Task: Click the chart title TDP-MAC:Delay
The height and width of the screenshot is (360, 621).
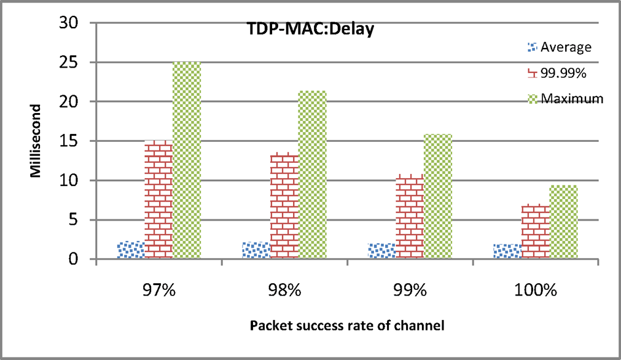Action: [x=302, y=30]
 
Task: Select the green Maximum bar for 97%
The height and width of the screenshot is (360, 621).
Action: [x=187, y=160]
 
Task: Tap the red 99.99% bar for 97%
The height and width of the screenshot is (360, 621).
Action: [x=158, y=200]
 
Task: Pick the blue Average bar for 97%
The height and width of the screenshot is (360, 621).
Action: [x=130, y=250]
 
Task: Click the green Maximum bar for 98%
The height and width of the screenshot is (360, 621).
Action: [x=312, y=174]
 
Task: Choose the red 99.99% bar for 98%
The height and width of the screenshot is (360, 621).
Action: [x=284, y=206]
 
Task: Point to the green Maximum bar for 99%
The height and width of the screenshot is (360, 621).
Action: [x=438, y=196]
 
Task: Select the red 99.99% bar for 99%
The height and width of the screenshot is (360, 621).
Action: [x=410, y=217]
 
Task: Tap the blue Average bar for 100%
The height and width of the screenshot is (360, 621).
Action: [x=507, y=251]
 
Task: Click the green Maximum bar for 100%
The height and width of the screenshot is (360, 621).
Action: [x=563, y=222]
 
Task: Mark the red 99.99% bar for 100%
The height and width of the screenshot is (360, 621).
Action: [x=536, y=232]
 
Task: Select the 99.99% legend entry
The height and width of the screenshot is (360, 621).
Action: [x=564, y=73]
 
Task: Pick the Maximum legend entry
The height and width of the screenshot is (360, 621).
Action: [x=568, y=99]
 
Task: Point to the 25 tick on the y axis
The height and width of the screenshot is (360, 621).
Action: [x=73, y=62]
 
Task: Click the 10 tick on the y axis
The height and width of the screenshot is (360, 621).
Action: [x=73, y=180]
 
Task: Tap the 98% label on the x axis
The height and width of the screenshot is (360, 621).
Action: [x=284, y=291]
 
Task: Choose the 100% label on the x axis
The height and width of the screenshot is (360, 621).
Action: [x=536, y=291]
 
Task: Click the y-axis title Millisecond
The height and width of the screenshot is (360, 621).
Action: [x=36, y=141]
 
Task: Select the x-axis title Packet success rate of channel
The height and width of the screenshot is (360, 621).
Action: [x=346, y=326]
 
